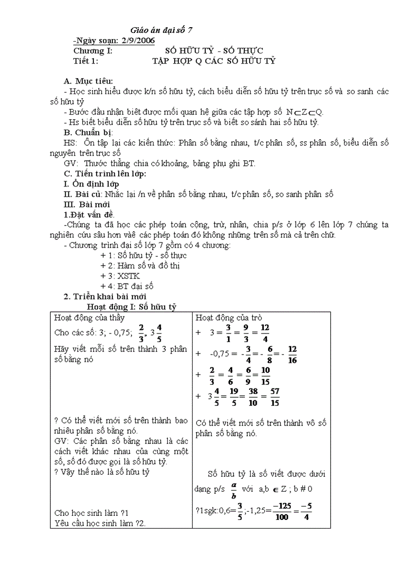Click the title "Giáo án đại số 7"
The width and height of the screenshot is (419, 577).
(161, 30)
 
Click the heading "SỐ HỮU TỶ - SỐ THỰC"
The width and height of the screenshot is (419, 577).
(214, 50)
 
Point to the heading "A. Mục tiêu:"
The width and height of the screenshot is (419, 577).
(88, 81)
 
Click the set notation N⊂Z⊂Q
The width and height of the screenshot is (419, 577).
(305, 112)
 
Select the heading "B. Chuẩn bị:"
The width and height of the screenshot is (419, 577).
(88, 133)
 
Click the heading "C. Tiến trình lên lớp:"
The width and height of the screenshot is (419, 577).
(105, 174)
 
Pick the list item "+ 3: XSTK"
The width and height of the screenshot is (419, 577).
(120, 276)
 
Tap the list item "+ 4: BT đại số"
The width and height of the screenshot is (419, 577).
(127, 286)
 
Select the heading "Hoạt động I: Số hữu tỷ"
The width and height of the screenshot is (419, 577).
(131, 307)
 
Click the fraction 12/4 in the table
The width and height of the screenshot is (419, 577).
(265, 332)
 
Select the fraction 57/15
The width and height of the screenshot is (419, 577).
(275, 397)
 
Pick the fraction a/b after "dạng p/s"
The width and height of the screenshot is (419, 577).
(234, 490)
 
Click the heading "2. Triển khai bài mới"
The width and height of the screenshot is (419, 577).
(105, 296)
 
